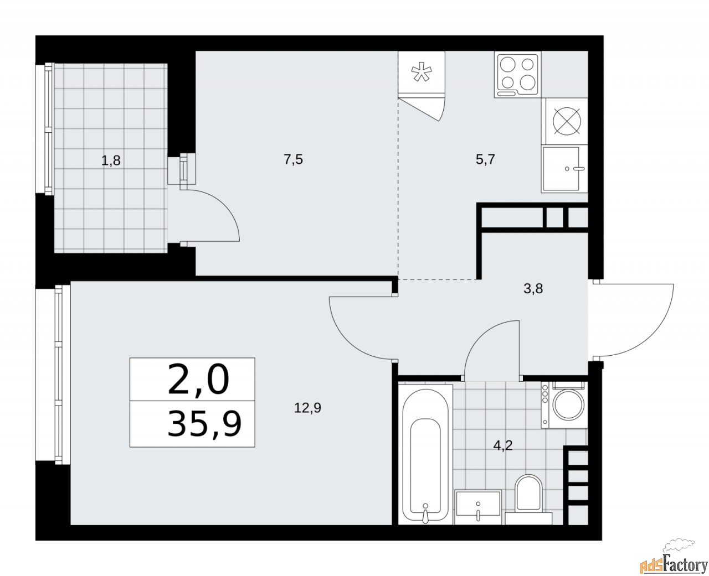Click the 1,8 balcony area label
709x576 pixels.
pos(110,161)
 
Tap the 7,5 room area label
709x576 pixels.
pos(293,160)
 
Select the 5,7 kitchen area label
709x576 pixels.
pos(485,160)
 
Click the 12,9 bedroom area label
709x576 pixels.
pos(309,408)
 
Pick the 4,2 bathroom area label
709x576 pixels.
pos(504,446)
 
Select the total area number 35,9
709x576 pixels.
pos(204,424)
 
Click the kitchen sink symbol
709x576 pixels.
pos(564,169)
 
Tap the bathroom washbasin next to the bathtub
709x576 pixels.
pos(478,506)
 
